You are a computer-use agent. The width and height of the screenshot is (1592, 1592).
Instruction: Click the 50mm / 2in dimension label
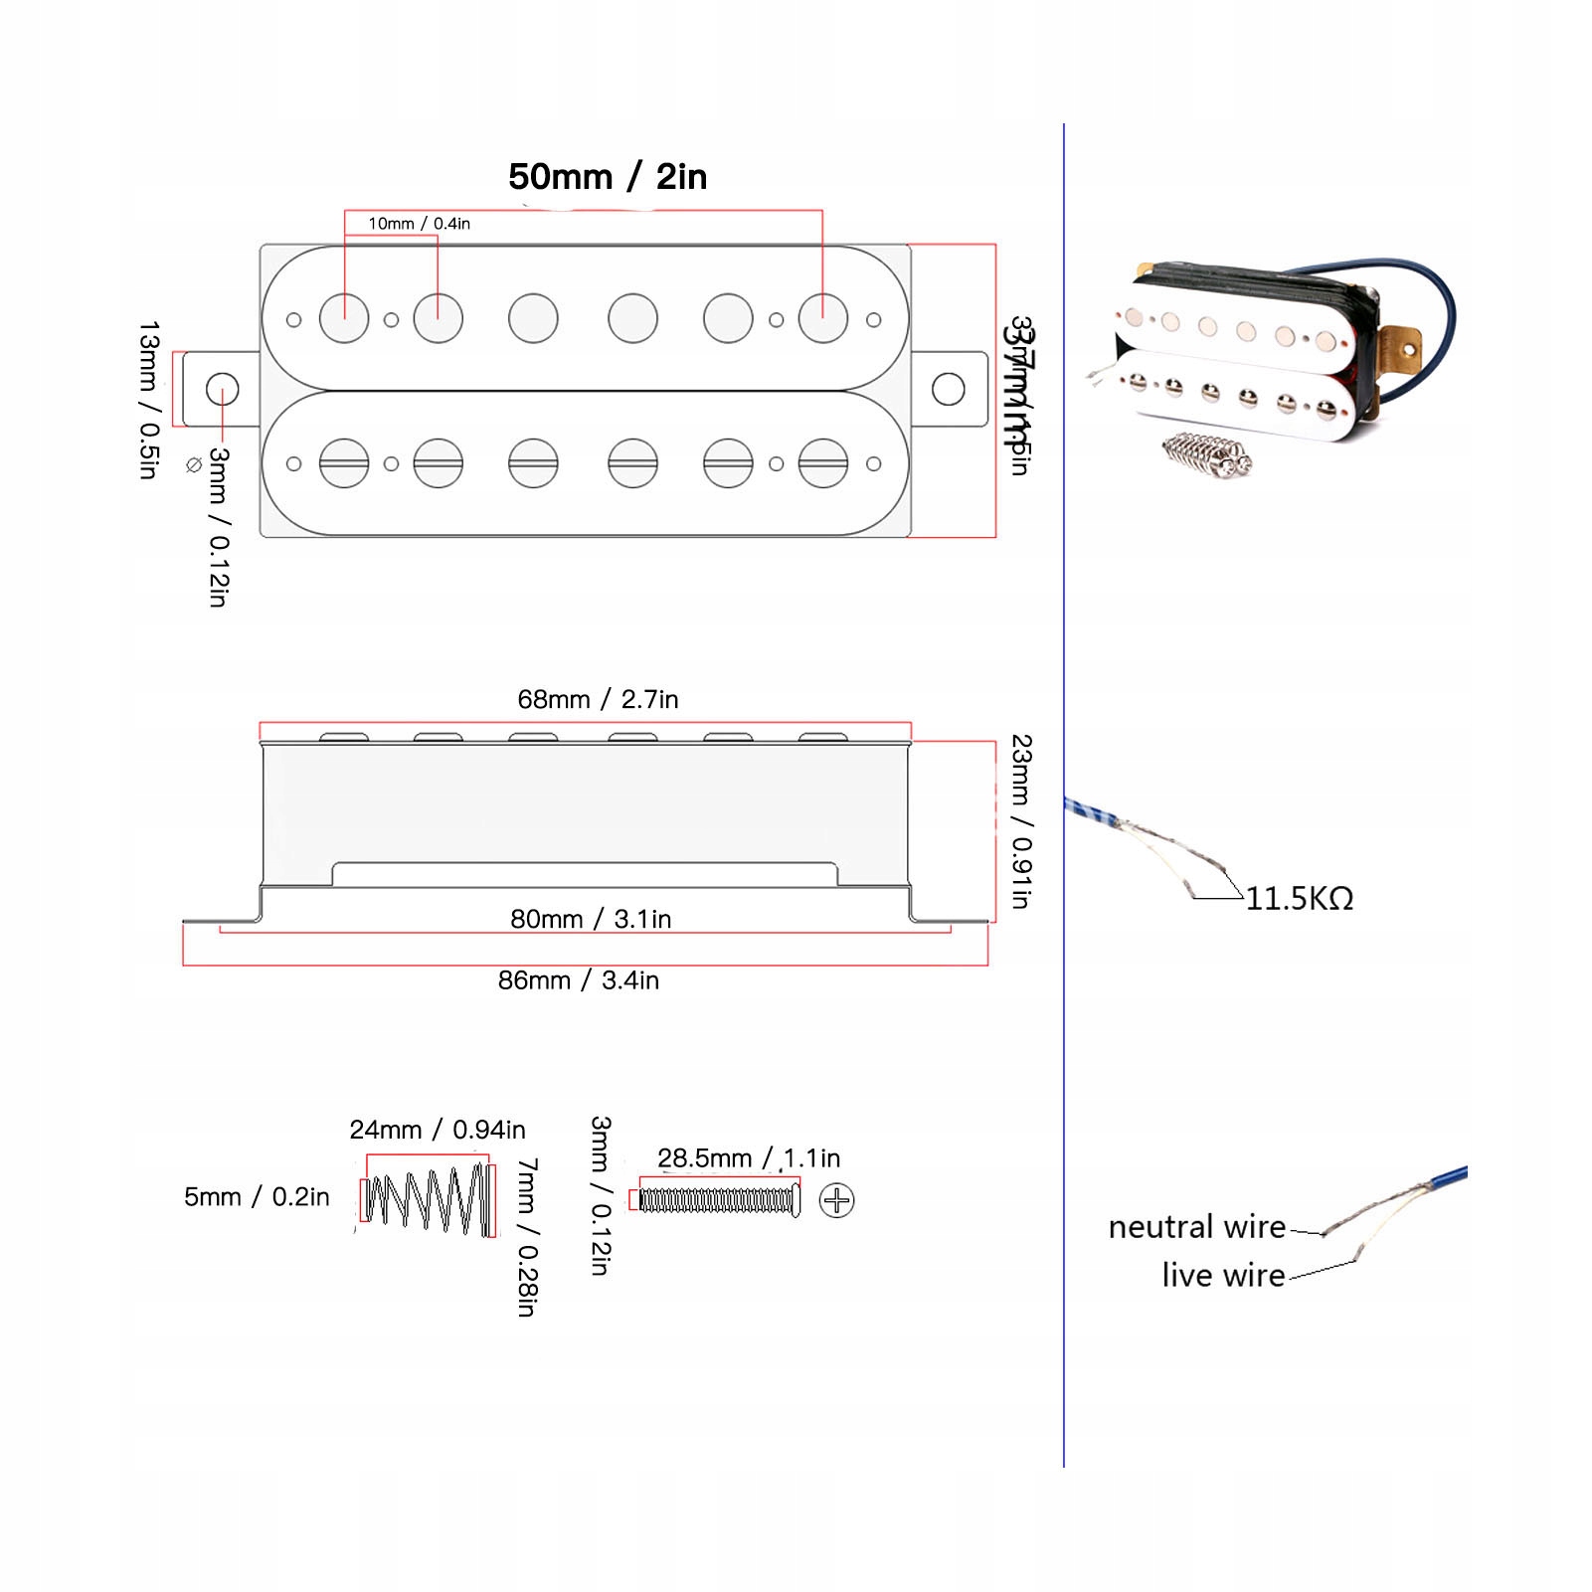pyautogui.click(x=608, y=177)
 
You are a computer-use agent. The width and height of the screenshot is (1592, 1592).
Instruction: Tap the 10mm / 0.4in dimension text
pyautogui.click(x=419, y=224)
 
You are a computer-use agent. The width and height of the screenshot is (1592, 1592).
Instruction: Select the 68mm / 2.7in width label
pyautogui.click(x=598, y=699)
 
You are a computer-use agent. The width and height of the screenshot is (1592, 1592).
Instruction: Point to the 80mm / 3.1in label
pyautogui.click(x=591, y=919)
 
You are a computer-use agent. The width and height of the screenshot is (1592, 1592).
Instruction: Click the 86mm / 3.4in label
pyautogui.click(x=578, y=980)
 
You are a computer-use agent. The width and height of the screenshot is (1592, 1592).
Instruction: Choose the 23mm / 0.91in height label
pyautogui.click(x=1021, y=821)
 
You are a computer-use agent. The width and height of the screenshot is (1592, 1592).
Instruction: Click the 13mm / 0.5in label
pyautogui.click(x=149, y=400)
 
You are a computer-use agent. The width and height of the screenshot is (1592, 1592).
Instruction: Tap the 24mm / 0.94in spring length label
pyautogui.click(x=437, y=1130)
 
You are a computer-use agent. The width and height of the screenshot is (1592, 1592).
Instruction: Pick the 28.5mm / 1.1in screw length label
pyautogui.click(x=748, y=1158)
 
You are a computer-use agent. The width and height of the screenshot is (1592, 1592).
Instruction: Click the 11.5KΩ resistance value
pyautogui.click(x=1299, y=899)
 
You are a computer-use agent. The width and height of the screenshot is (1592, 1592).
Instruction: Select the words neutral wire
pyautogui.click(x=1196, y=1227)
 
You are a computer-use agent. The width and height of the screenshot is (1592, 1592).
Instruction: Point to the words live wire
pyautogui.click(x=1223, y=1275)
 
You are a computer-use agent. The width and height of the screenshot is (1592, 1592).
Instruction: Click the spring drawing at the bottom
pyautogui.click(x=428, y=1198)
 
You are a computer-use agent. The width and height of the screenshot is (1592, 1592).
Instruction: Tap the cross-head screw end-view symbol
pyautogui.click(x=836, y=1200)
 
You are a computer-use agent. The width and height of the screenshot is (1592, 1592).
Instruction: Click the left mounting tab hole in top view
pyautogui.click(x=222, y=389)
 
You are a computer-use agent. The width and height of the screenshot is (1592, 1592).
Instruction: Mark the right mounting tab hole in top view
pyautogui.click(x=948, y=389)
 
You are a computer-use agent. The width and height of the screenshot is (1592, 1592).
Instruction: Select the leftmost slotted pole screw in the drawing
pyautogui.click(x=344, y=463)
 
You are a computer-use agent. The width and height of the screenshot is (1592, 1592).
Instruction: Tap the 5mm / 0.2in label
pyautogui.click(x=256, y=1197)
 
